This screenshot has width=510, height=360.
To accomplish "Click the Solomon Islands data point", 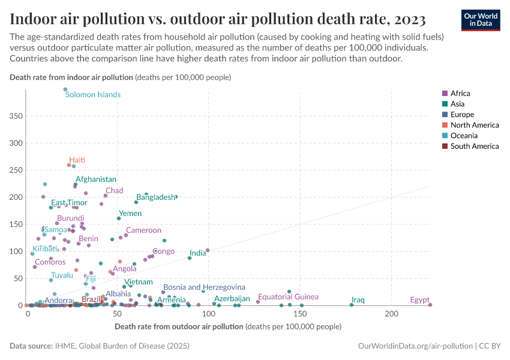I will coord(65,89).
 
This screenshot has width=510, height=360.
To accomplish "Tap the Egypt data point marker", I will coord(430,305).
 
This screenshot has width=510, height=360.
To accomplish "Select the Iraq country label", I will coord(358,299).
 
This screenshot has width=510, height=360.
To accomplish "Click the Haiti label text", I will coord(77,160).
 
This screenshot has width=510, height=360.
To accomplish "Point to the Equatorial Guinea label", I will coord(288,297).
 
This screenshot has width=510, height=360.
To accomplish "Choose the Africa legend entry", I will coord(460,93).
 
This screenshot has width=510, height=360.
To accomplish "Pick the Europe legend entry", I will coord(462,114).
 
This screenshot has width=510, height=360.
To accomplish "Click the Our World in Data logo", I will coord(480,19).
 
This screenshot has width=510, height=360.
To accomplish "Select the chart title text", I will coord(218,19).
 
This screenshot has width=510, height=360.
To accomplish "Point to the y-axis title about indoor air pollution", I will coord(120,77).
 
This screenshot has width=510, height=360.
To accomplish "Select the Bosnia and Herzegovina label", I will coord(204,287).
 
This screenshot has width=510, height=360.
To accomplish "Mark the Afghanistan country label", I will coord(96,179).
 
